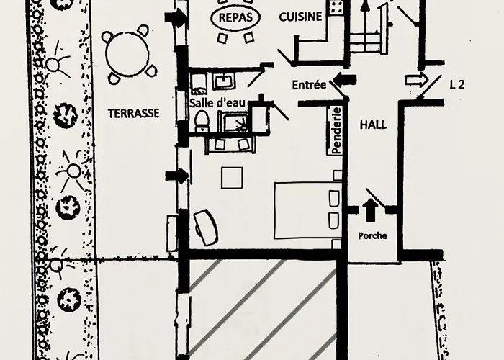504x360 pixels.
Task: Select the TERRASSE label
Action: (x=132, y=113)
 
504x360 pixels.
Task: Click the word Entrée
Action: (x=309, y=84)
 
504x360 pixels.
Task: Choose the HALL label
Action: (x=372, y=125)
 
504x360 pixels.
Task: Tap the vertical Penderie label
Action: (x=336, y=130)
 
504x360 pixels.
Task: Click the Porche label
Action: (x=372, y=235)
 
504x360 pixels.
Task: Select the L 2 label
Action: (x=456, y=84)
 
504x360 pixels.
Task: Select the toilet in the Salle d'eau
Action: (x=202, y=121)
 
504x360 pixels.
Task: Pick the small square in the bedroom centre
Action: (x=230, y=177)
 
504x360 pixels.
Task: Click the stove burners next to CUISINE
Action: (x=336, y=8)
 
